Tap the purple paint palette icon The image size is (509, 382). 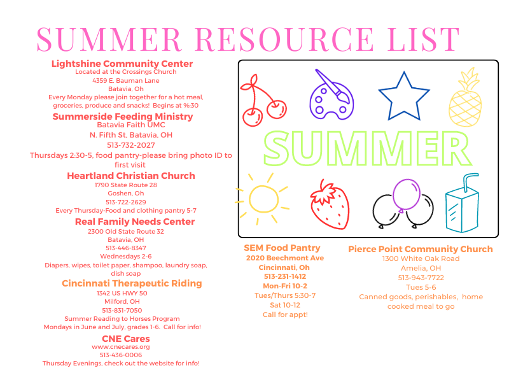point(330,96)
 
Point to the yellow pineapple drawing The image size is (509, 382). point(465,101)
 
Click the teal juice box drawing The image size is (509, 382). point(462,203)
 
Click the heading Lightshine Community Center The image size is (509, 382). point(122,64)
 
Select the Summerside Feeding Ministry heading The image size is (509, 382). point(123,117)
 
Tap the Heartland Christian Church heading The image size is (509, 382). point(131,176)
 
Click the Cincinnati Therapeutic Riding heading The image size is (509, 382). point(132,283)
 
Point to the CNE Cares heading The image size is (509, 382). point(121,338)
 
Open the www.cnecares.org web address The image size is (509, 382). point(121,347)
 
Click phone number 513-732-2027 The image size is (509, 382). point(130,145)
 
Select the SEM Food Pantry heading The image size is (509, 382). point(282,248)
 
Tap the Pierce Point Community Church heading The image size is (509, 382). point(420,249)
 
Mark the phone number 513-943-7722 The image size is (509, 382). point(421,278)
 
